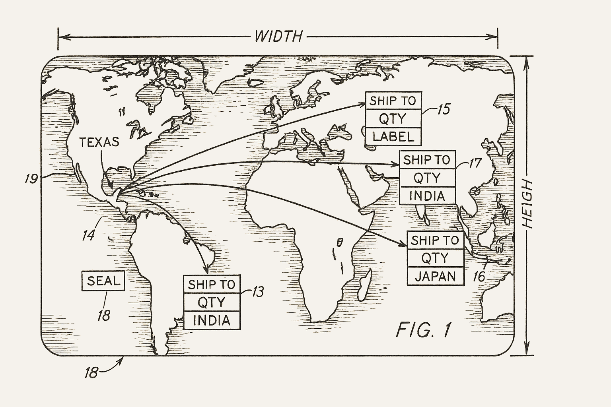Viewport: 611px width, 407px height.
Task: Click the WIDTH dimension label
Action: click(278, 37)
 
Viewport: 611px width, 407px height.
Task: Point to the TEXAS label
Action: click(99, 142)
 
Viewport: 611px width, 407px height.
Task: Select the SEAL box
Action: click(103, 281)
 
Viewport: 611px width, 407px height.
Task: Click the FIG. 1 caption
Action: click(424, 330)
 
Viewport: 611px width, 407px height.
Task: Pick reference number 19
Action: click(31, 179)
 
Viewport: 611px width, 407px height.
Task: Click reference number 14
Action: click(88, 235)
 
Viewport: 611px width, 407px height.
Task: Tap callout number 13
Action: click(258, 292)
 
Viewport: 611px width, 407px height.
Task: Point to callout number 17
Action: click(475, 163)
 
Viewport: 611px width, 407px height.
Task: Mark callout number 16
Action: click(479, 276)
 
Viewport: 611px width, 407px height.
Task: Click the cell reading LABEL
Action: click(393, 137)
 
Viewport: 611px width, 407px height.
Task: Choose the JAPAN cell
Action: click(435, 276)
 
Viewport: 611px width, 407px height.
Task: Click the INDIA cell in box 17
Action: click(427, 196)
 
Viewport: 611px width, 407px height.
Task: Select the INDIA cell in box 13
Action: click(212, 320)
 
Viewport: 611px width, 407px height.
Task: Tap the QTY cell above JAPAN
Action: click(435, 258)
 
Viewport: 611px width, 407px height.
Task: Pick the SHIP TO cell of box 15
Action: click(393, 101)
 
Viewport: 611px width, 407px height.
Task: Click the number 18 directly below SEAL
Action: click(104, 315)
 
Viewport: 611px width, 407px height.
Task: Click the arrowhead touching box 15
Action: click(362, 104)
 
